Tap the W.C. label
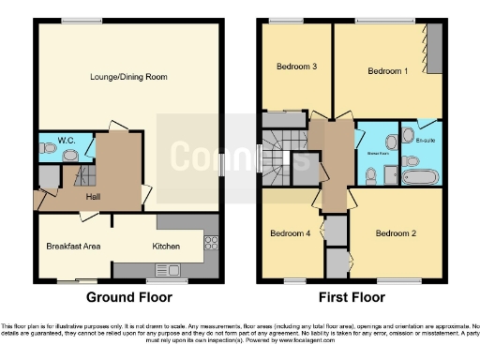click(66, 142)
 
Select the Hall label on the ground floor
click(94, 197)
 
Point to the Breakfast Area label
click(73, 247)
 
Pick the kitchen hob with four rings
click(211, 240)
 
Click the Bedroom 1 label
click(384, 71)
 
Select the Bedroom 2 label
click(394, 232)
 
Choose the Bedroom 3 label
click(293, 67)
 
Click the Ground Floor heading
click(128, 298)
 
